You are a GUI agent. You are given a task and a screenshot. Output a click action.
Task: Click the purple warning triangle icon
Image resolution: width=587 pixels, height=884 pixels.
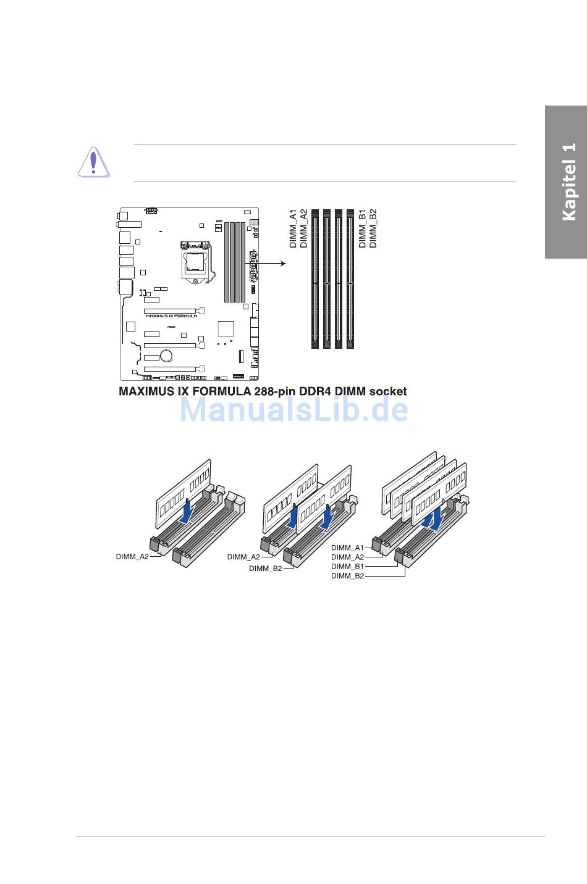point(93,162)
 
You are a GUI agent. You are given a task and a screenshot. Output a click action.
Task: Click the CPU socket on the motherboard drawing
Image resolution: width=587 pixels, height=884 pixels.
point(195,260)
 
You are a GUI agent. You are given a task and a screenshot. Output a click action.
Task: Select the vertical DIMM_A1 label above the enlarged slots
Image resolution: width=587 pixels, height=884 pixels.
point(293,228)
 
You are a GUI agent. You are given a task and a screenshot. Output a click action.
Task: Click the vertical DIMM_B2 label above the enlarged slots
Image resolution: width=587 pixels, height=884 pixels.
point(373,228)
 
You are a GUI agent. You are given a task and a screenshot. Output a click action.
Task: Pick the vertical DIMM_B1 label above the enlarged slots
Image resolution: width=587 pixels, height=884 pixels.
point(363,228)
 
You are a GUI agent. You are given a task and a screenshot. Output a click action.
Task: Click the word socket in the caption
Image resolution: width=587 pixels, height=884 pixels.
point(387,391)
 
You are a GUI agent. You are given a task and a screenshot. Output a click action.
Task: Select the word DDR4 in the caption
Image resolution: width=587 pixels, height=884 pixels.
point(318,391)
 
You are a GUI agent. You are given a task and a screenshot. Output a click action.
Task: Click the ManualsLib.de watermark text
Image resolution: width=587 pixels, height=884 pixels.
point(293,410)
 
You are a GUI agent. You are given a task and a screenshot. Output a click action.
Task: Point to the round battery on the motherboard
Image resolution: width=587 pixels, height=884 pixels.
point(166,355)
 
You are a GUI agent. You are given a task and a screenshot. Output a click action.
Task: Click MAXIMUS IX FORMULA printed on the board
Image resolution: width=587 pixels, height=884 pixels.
point(171,315)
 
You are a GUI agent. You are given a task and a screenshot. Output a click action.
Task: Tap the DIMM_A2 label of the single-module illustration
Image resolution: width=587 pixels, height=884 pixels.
point(132,557)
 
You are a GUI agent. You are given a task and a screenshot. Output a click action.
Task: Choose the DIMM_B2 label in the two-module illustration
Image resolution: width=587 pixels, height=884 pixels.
point(265,569)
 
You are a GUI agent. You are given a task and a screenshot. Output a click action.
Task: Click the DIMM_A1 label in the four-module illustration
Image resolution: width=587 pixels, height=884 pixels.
point(347,548)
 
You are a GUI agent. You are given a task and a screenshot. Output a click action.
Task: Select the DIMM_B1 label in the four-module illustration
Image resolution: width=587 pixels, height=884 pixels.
point(347,566)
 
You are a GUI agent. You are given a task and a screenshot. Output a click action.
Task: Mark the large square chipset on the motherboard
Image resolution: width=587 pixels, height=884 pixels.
point(226,328)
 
